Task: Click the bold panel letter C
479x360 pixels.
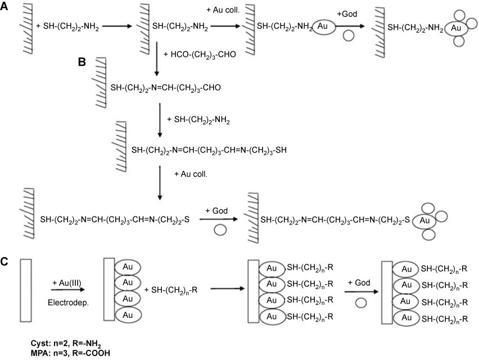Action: (4, 262)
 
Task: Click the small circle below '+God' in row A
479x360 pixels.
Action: (348, 35)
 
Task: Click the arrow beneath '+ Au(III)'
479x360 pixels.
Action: (68, 290)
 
